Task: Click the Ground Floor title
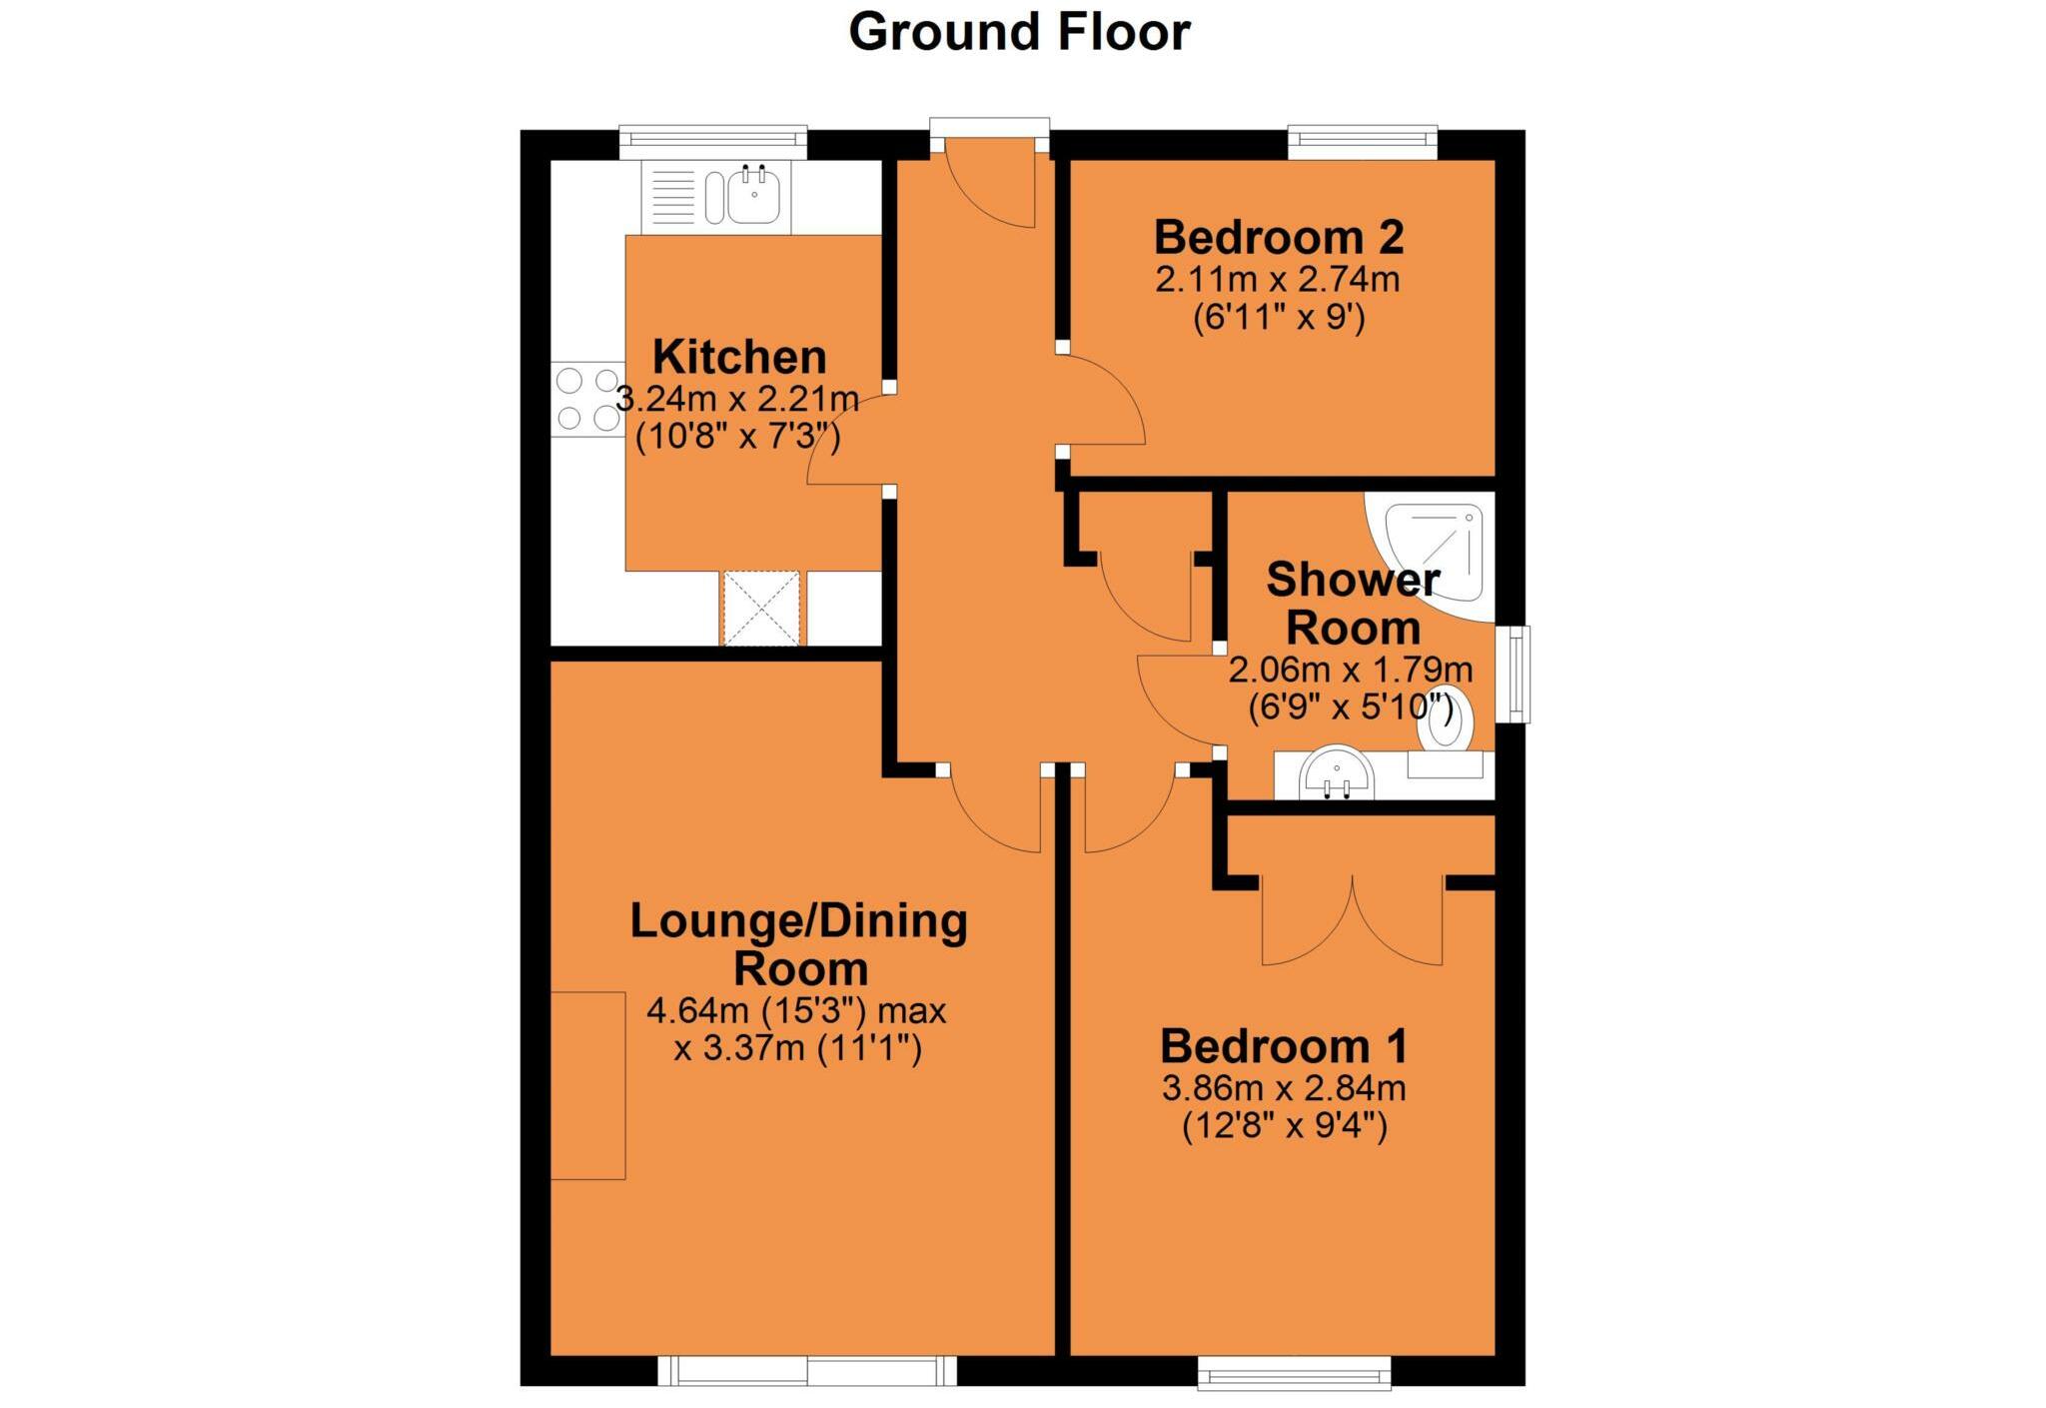(x=1019, y=32)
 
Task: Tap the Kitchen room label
(x=739, y=358)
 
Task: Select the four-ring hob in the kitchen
(x=587, y=399)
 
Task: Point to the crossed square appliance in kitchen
(x=761, y=608)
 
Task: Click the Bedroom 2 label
(x=1279, y=238)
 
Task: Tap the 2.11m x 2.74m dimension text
(x=1278, y=280)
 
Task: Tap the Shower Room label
(x=1353, y=604)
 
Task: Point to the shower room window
(x=1519, y=674)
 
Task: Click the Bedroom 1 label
(x=1284, y=1046)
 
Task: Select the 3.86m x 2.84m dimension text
(x=1284, y=1088)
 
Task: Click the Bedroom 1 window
(x=1295, y=1373)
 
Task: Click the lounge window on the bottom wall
(x=807, y=1371)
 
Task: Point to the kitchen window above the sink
(x=712, y=142)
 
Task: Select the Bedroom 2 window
(x=1363, y=142)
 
